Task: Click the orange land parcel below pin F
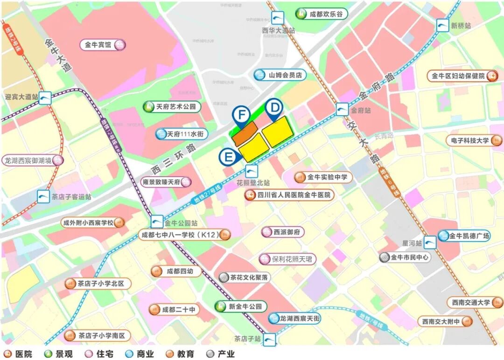click(x=245, y=133)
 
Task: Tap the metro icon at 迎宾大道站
click(x=45, y=97)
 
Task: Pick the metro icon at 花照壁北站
click(x=252, y=171)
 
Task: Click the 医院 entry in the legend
click(x=19, y=354)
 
